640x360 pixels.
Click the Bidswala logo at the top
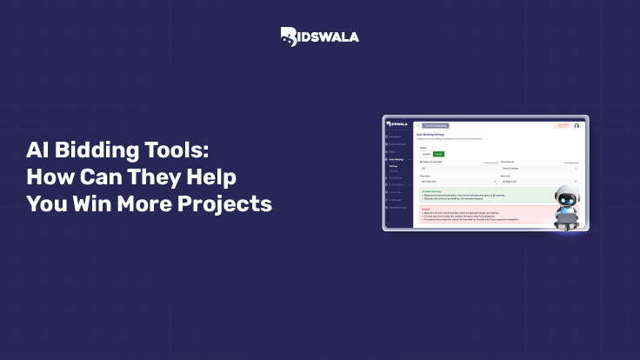319,36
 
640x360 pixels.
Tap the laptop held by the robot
567,218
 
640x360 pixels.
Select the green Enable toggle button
438,154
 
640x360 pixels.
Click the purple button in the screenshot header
435,125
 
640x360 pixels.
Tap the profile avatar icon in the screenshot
576,125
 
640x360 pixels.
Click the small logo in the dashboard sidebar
397,124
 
